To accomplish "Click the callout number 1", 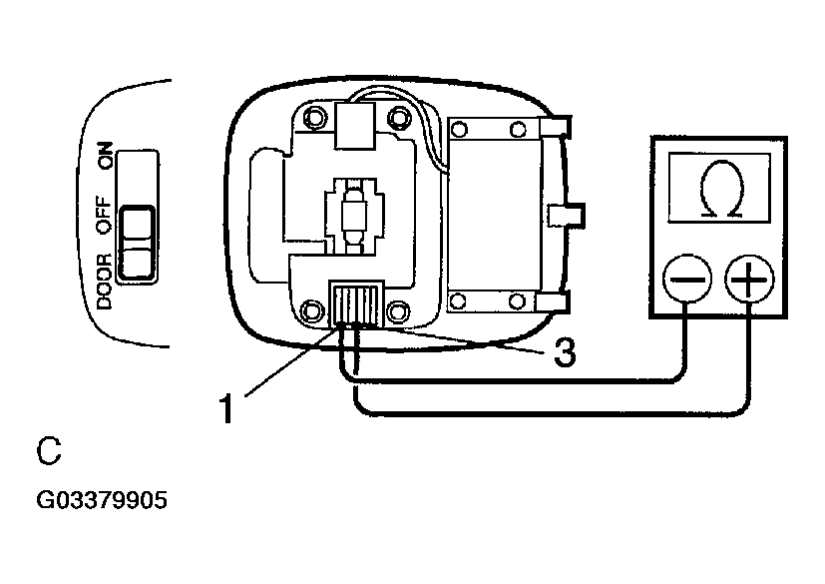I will [227, 407].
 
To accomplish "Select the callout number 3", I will [564, 353].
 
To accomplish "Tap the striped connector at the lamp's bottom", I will [356, 302].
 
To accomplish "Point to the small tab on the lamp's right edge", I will [570, 214].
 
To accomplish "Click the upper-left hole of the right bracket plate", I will [460, 129].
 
